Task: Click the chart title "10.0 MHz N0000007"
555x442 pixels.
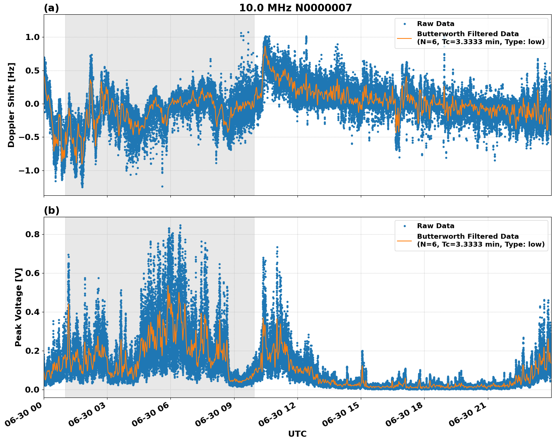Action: click(295, 8)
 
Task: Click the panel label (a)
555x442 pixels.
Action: click(51, 8)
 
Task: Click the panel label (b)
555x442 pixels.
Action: click(51, 210)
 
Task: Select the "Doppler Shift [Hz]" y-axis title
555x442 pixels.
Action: click(11, 105)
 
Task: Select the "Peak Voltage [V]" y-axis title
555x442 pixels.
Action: click(18, 307)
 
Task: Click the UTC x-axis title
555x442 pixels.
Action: click(297, 434)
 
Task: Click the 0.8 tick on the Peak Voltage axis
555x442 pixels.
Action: click(34, 234)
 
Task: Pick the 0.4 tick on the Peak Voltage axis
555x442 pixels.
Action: click(34, 312)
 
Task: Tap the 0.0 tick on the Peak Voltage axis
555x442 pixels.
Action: click(34, 390)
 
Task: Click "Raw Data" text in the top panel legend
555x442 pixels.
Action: click(435, 24)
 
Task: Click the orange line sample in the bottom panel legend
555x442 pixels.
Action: click(405, 240)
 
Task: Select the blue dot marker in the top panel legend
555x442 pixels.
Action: click(405, 24)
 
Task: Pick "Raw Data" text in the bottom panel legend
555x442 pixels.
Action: click(435, 226)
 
